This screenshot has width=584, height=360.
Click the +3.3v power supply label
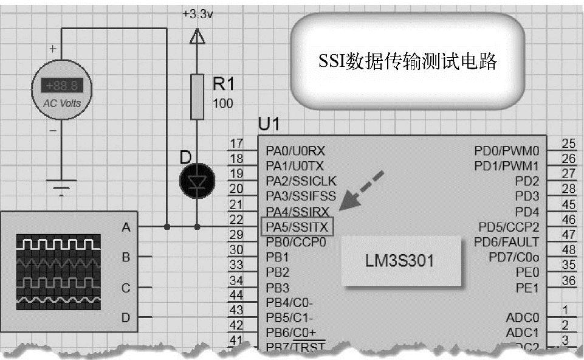[198, 14]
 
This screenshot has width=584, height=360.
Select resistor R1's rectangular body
[196, 97]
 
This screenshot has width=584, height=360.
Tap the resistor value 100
[222, 103]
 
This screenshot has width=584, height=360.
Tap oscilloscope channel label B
[126, 257]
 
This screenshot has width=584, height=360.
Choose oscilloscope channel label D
[126, 317]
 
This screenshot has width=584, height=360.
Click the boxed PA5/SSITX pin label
[297, 227]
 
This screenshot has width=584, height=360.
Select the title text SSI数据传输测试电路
[408, 62]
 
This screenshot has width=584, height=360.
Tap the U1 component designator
[269, 125]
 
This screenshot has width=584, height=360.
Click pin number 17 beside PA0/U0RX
[236, 144]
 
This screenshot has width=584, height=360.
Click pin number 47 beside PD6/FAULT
[569, 234]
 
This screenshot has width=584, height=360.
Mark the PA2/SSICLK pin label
[301, 181]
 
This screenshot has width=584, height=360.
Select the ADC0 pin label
[522, 317]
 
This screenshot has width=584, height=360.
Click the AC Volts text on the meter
[61, 103]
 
